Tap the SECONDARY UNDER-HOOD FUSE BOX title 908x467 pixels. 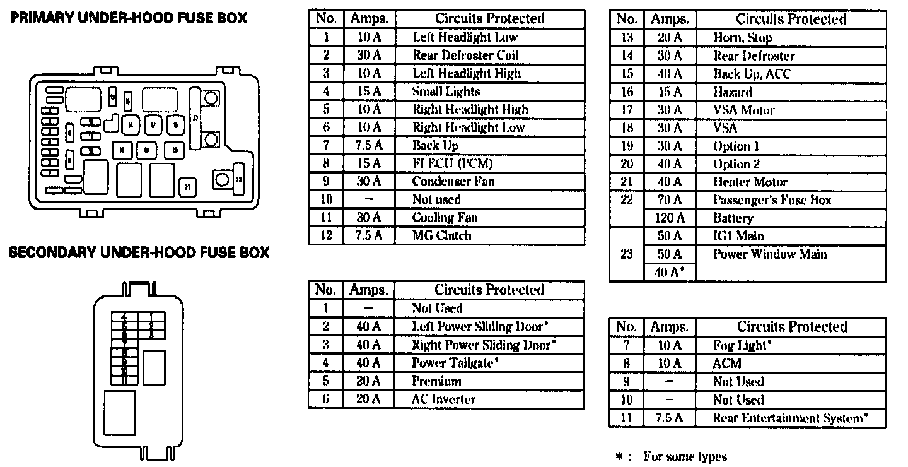pos(139,253)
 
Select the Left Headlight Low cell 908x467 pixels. pos(465,37)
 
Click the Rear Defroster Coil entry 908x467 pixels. pos(465,56)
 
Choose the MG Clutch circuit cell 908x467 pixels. pos(441,236)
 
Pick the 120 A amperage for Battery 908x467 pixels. pos(670,218)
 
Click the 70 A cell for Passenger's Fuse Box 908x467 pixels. pos(670,200)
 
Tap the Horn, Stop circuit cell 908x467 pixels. pos(743,38)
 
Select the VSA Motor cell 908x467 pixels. pos(744,110)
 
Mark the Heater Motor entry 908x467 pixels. pos(750,182)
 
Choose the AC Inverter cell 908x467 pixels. pos(443,399)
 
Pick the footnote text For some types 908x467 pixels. pos(685,457)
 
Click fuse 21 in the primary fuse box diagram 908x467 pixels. pos(187,186)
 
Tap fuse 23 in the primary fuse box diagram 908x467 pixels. pos(238,179)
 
